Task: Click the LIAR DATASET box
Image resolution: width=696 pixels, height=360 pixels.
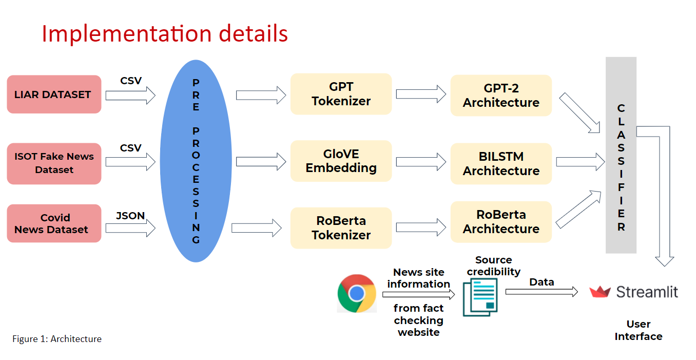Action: tap(54, 94)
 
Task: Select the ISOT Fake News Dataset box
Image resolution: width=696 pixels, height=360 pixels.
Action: tap(54, 163)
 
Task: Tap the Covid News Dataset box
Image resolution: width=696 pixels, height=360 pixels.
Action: tap(54, 223)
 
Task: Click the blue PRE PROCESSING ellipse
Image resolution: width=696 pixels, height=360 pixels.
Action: tap(196, 161)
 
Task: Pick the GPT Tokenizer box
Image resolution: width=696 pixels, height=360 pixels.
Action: tap(341, 94)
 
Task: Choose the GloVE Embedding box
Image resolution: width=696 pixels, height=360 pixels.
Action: tap(341, 161)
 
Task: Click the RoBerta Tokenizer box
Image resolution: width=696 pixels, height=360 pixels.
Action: tap(341, 228)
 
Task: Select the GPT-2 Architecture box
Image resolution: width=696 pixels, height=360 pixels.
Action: tap(501, 96)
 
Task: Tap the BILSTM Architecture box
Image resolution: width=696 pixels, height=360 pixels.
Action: tap(501, 164)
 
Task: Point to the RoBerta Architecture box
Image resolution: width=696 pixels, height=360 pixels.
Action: tap(501, 222)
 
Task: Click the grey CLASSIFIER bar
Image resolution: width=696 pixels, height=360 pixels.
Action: tap(621, 155)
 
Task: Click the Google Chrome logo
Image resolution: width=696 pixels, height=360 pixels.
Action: tap(357, 293)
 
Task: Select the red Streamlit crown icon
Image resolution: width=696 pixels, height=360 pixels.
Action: tap(600, 292)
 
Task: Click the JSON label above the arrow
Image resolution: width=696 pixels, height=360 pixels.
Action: tap(130, 216)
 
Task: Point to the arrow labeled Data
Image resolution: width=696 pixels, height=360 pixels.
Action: tap(542, 292)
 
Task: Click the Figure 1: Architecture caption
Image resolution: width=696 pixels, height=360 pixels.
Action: tap(57, 339)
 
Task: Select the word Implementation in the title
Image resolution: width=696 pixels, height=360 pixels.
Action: tap(126, 34)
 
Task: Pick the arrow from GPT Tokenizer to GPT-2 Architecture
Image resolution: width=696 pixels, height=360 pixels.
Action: tap(421, 94)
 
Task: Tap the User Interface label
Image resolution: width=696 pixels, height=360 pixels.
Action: tap(639, 330)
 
